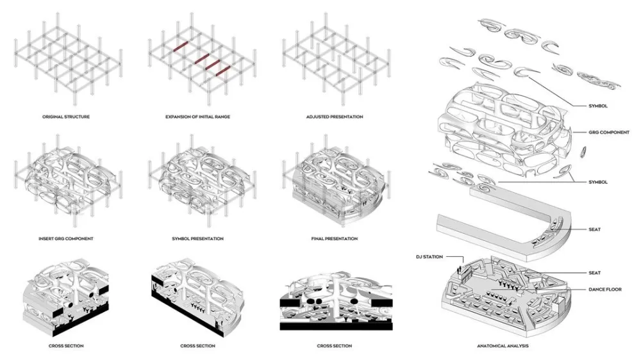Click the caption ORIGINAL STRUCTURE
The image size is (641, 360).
(x=66, y=117)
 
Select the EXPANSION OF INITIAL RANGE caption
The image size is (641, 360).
(x=197, y=117)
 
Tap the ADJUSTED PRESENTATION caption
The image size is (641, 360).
(x=334, y=117)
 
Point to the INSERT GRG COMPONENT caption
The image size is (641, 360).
(x=66, y=238)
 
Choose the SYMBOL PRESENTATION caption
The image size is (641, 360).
(x=197, y=238)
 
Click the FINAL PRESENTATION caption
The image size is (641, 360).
(x=334, y=238)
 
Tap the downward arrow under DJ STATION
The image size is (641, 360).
(x=460, y=263)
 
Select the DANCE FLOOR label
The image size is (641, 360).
(x=606, y=290)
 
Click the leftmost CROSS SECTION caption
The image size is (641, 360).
(x=66, y=346)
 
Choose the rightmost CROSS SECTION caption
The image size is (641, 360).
(x=334, y=346)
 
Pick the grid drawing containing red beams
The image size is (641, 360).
(x=201, y=61)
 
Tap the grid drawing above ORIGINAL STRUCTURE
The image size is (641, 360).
(x=66, y=61)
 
